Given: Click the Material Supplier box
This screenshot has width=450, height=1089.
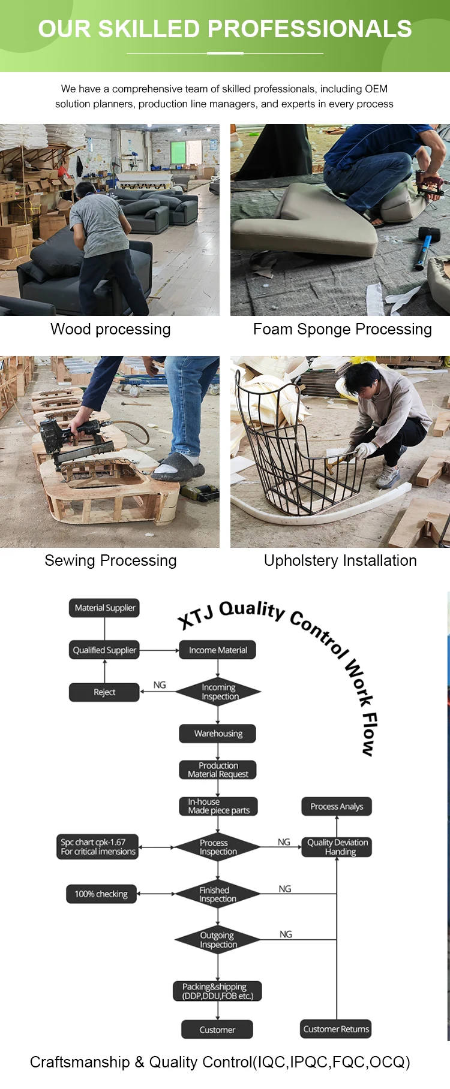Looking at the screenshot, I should point(104,608).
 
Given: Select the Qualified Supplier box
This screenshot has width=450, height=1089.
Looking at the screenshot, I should point(104,650).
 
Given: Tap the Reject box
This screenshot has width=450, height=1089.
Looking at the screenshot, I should point(104,692).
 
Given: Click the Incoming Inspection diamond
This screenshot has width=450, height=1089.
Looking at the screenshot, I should point(218,692).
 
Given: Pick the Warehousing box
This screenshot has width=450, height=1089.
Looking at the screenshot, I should point(218,734).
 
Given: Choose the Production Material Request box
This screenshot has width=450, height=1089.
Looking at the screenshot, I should point(218,770).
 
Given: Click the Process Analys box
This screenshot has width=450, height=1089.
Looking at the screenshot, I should point(337,807).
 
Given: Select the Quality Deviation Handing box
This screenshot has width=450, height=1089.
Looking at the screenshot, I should point(337,847).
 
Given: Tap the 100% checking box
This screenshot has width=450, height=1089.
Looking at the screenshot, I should point(101,894).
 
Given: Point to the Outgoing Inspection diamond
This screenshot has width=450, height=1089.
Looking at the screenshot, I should point(218,940).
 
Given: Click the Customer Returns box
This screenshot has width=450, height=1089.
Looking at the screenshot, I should point(336,1029).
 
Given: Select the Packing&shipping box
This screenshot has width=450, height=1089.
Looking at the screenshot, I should point(218,991).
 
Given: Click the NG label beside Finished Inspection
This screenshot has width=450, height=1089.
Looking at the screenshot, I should point(285,889).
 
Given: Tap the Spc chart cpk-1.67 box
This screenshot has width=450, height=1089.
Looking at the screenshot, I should point(98,847).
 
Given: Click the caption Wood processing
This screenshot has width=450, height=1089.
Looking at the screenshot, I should point(110,329).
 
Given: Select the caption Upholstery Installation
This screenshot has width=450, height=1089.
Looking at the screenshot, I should point(340,560).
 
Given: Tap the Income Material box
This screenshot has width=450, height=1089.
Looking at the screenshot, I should point(218,650).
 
